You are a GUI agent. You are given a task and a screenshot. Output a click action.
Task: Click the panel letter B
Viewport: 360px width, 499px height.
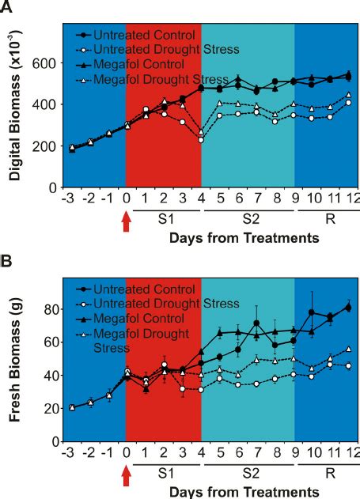click(9, 261)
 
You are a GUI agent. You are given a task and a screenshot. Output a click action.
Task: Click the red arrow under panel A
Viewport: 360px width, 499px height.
click(126, 223)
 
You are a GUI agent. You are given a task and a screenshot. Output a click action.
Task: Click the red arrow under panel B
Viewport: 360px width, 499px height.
click(126, 476)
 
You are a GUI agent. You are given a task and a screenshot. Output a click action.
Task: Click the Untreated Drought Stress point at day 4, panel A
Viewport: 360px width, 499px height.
click(201, 139)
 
